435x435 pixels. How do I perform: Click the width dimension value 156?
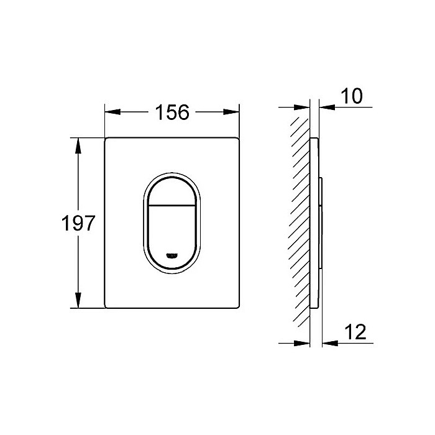172,112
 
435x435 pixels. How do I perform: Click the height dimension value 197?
78,223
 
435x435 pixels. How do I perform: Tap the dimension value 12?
353,332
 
